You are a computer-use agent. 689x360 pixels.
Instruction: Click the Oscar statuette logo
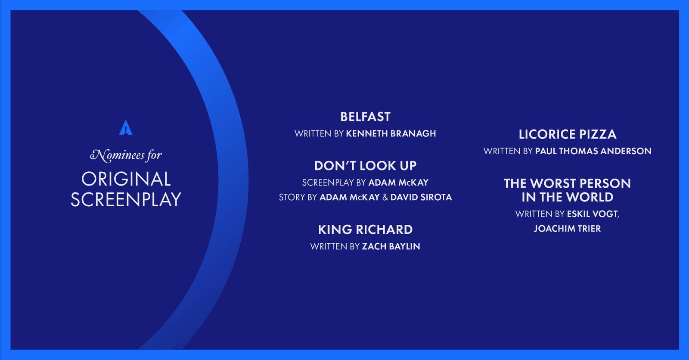tap(126, 127)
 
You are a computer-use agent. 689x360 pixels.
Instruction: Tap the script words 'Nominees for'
tap(126, 155)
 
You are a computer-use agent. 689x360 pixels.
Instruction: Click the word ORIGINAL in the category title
tap(126, 179)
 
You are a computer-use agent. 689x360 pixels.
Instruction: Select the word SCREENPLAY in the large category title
tap(126, 199)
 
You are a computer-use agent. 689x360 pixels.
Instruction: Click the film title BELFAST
tap(366, 117)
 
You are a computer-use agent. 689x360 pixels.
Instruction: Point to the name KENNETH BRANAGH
tap(391, 133)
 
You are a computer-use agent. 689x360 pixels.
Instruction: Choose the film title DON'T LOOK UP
tap(366, 166)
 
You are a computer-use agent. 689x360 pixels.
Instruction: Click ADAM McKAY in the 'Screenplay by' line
tap(398, 183)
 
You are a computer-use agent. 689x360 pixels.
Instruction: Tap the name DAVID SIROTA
tap(421, 197)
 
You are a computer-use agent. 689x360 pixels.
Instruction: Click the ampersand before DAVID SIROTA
tap(385, 197)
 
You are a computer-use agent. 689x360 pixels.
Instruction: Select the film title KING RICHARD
tap(366, 230)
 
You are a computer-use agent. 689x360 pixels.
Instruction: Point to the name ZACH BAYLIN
tap(391, 246)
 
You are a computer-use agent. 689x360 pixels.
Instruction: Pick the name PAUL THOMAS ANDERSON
tap(593, 151)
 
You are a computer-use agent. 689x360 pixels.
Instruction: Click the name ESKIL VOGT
tap(593, 214)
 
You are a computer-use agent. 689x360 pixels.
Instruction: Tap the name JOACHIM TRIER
tap(567, 229)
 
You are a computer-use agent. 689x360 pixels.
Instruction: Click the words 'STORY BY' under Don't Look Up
tap(298, 197)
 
